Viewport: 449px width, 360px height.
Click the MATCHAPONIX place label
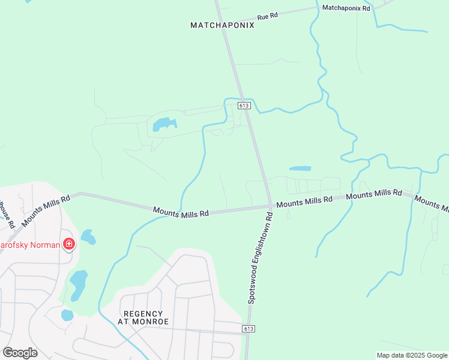click(222, 25)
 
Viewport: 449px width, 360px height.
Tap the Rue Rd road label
click(267, 17)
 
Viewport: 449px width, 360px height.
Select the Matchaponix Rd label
click(346, 8)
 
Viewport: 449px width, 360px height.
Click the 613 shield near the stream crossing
click(243, 106)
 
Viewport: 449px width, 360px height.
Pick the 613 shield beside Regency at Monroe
click(250, 329)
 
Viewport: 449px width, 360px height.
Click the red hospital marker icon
click(69, 244)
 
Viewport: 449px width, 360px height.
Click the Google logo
click(20, 352)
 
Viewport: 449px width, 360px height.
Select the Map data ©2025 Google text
click(412, 355)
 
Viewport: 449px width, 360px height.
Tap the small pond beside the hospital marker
click(88, 237)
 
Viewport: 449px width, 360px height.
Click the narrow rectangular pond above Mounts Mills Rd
click(300, 169)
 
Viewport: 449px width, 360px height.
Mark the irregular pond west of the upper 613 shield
click(164, 124)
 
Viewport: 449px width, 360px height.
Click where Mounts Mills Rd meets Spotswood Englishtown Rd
click(270, 206)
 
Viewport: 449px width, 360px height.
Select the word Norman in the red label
click(47, 245)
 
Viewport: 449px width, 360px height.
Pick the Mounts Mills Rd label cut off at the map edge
click(432, 204)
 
